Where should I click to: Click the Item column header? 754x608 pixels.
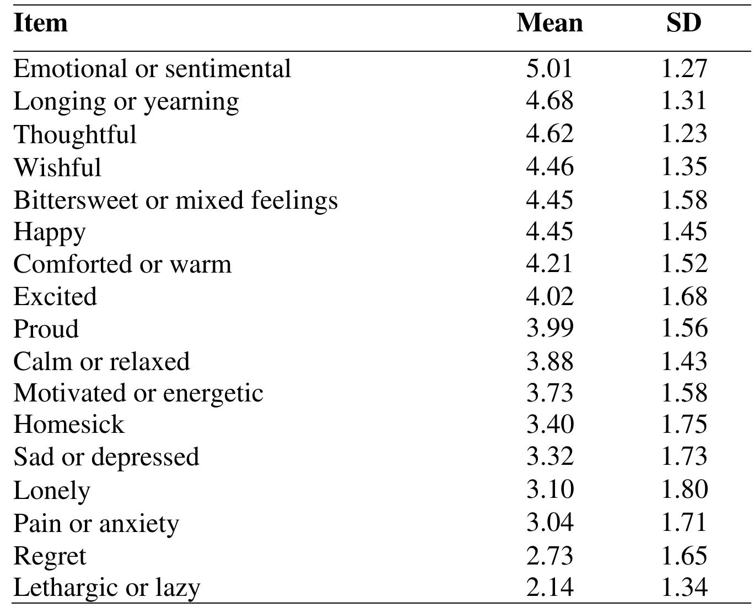(40, 23)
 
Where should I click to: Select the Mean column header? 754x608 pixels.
(550, 23)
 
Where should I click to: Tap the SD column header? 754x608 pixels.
(683, 23)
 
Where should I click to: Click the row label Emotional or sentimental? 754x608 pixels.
(152, 68)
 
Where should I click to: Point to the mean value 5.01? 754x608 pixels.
(549, 68)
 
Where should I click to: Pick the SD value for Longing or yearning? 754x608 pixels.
(683, 101)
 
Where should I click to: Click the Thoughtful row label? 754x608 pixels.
(75, 134)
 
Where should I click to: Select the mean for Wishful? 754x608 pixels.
(550, 166)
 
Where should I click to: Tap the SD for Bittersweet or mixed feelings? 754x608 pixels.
(684, 199)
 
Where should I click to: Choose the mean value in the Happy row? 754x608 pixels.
(550, 231)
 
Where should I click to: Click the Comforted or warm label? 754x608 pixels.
(122, 264)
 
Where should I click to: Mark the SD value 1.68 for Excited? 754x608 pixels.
(684, 296)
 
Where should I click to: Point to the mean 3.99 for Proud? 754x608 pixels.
(550, 329)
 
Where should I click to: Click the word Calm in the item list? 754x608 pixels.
(43, 361)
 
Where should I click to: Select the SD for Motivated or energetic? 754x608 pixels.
(684, 393)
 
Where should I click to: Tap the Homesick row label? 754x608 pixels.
(69, 425)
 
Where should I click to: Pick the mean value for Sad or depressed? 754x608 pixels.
(550, 457)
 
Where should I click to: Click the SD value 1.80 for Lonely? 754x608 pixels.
(684, 489)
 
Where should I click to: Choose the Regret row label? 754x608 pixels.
(50, 557)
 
